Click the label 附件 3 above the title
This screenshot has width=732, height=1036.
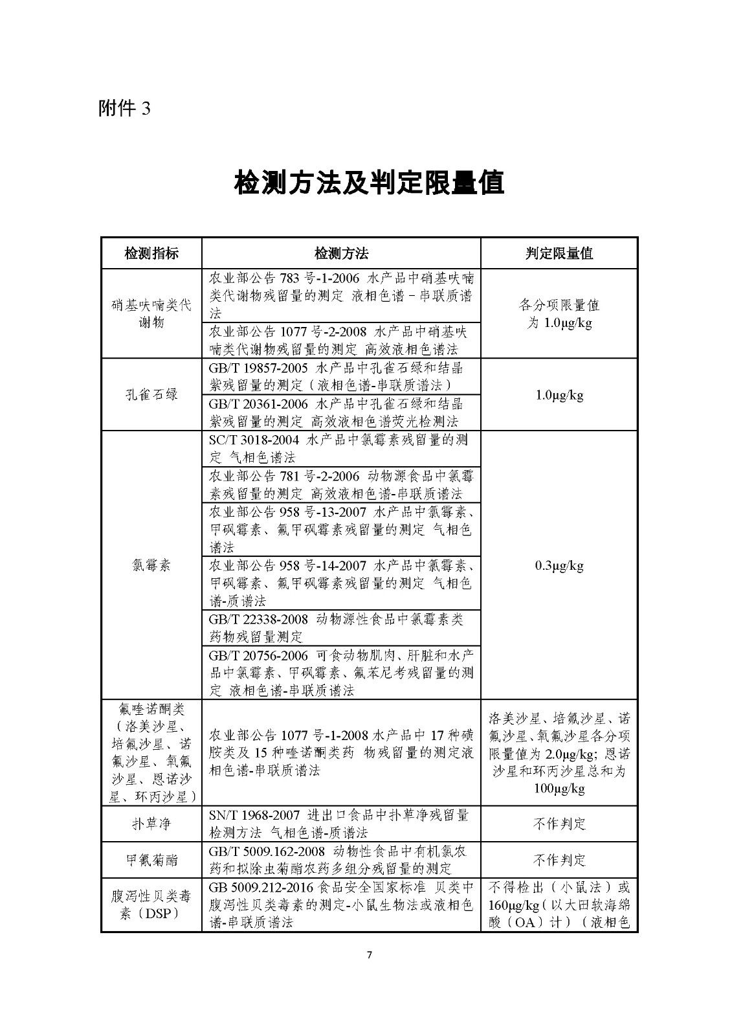(x=124, y=107)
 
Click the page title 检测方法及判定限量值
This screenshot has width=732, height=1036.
(x=369, y=184)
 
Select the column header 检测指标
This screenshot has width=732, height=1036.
(x=151, y=253)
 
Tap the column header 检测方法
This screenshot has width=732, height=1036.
(x=341, y=253)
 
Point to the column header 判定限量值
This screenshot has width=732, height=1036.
(x=559, y=253)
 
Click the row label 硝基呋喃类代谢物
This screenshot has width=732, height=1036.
(x=151, y=313)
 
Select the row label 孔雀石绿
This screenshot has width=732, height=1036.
(x=151, y=394)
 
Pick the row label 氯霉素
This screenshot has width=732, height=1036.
(x=151, y=565)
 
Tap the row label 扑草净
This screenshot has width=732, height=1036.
(x=151, y=824)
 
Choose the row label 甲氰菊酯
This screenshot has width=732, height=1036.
(x=151, y=860)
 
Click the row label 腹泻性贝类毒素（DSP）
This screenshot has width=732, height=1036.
(x=151, y=905)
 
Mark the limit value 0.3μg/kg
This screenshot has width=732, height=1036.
(x=559, y=565)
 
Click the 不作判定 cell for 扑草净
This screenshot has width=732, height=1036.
(x=559, y=824)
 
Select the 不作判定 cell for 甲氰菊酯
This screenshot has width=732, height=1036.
(x=559, y=860)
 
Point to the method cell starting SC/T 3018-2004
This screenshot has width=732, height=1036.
(x=341, y=448)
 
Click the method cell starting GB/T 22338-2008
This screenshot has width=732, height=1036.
(x=341, y=627)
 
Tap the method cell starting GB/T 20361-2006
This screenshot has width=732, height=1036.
(x=341, y=412)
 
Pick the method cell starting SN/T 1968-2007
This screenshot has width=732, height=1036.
(x=341, y=824)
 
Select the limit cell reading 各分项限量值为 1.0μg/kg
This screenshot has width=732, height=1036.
(x=559, y=313)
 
